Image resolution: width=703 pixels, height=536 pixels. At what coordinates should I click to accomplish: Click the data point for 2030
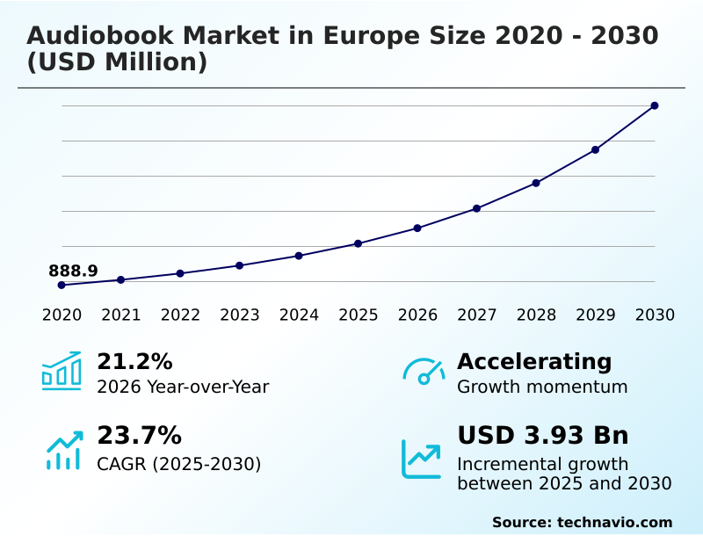655,105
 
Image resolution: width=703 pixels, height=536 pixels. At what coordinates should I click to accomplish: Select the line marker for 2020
62,285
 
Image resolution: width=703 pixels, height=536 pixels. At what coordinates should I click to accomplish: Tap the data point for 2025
359,243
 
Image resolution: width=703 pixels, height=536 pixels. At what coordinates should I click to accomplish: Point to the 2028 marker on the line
536,183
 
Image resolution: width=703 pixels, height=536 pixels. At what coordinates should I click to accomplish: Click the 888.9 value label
73,271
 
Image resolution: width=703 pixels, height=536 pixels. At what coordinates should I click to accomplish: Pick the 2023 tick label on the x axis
240,315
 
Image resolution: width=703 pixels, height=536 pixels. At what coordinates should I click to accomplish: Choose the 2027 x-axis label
477,315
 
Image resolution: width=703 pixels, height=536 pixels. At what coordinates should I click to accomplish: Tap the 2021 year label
121,315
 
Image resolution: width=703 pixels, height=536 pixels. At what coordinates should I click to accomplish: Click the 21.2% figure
134,361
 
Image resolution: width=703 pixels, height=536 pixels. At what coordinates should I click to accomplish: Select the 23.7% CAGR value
139,435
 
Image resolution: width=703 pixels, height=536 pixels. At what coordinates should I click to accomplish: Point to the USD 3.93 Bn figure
543,435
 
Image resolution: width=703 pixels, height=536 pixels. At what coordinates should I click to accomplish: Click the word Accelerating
534,361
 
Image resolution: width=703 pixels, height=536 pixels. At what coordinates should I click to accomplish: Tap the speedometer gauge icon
424,372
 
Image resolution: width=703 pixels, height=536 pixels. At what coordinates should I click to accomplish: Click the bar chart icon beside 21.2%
62,371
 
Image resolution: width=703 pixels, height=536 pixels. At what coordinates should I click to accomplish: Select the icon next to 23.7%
63,450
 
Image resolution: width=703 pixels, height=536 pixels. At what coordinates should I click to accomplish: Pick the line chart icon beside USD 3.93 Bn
422,458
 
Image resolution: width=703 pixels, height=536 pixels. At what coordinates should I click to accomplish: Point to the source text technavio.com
614,522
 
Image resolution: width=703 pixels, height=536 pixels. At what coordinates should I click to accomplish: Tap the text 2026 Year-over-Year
183,387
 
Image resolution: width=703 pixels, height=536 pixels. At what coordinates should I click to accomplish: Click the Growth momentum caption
542,387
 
